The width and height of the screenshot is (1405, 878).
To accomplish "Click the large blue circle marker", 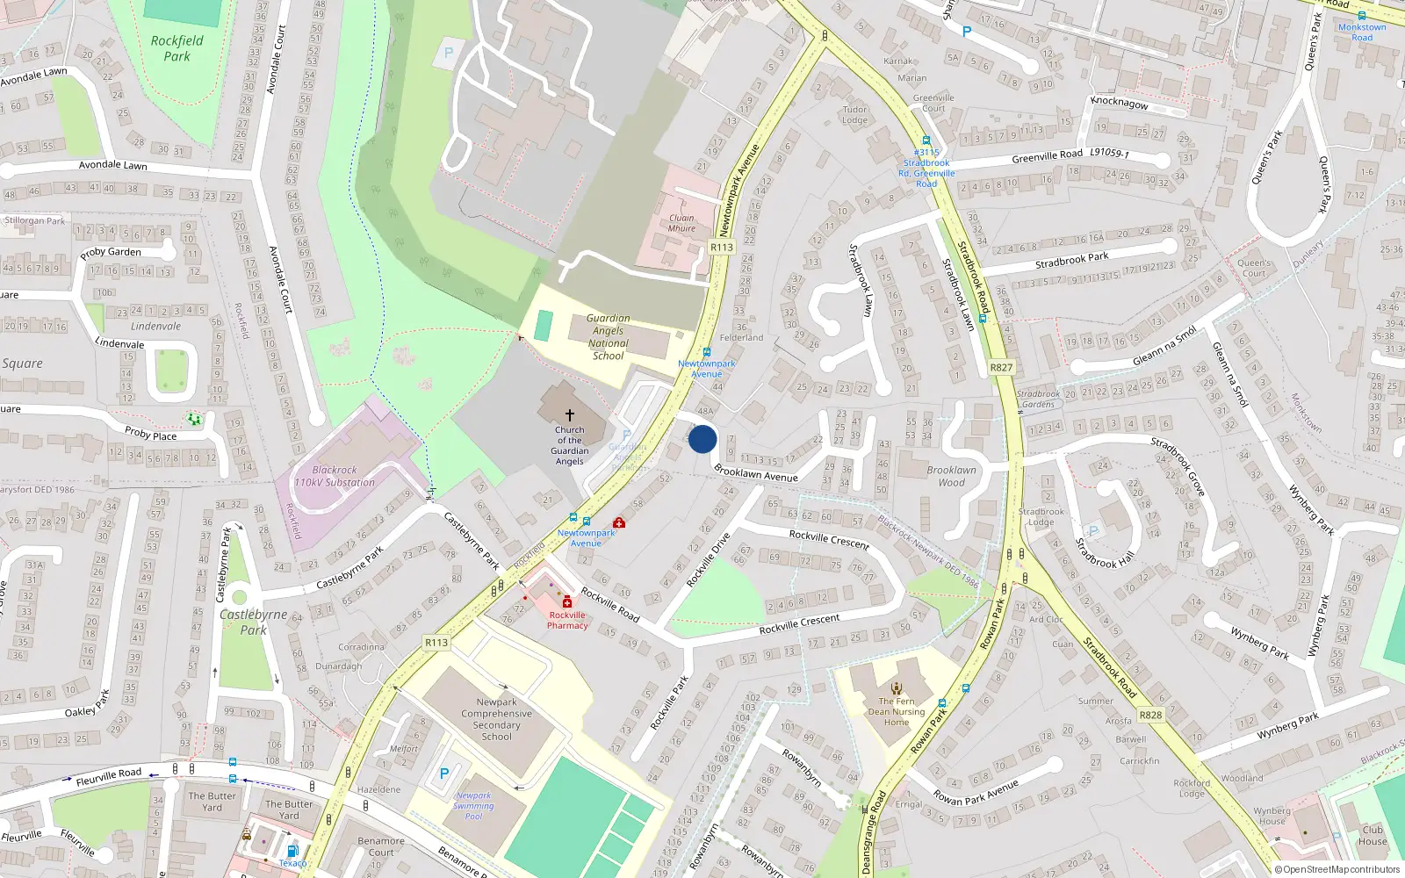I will (x=702, y=439).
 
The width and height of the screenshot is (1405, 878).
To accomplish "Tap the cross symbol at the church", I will (x=570, y=414).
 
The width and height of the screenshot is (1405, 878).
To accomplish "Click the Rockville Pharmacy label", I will (x=567, y=620).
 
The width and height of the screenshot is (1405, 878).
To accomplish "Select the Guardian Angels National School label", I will (x=608, y=337).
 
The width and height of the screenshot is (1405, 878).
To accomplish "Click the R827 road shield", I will (x=1001, y=368).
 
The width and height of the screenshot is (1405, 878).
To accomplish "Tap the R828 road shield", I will (x=1150, y=715).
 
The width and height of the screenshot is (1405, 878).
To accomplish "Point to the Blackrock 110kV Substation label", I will (x=335, y=476).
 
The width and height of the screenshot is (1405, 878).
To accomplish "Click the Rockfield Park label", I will (x=177, y=48).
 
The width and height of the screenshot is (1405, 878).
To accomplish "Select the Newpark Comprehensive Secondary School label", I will (x=497, y=719).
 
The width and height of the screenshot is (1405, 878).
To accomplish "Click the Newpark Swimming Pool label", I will (x=473, y=806).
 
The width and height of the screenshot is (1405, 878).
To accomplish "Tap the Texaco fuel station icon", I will (x=292, y=850).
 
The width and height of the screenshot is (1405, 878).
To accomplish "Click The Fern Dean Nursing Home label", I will (x=897, y=711).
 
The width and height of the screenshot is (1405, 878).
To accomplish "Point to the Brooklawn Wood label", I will (x=951, y=476).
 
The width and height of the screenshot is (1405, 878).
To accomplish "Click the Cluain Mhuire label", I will (x=681, y=223).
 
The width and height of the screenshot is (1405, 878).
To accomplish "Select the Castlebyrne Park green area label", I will (x=253, y=622).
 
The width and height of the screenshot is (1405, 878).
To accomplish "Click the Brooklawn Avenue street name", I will (x=756, y=474).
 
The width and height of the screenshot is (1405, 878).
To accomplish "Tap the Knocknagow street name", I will (x=1120, y=103).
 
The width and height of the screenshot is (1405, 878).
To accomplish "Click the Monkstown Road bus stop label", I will (x=1362, y=32).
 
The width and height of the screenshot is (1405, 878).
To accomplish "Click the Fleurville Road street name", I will (x=109, y=777).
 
